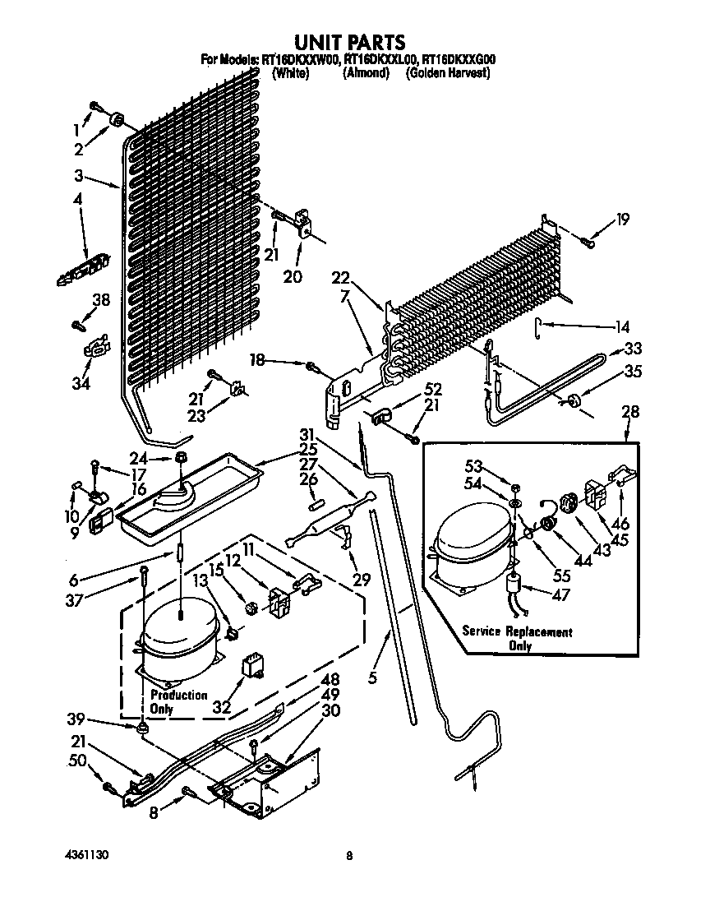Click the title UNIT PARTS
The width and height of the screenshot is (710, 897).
pyautogui.click(x=349, y=41)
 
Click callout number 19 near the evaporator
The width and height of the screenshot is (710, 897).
pyautogui.click(x=623, y=219)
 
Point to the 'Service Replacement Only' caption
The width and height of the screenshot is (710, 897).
pyautogui.click(x=517, y=638)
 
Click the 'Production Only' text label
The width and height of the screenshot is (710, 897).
pyautogui.click(x=178, y=701)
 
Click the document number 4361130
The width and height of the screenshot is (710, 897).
pyautogui.click(x=85, y=855)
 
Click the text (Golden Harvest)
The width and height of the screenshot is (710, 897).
pyautogui.click(x=448, y=72)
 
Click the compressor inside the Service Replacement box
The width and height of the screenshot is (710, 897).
pyautogui.click(x=468, y=547)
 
